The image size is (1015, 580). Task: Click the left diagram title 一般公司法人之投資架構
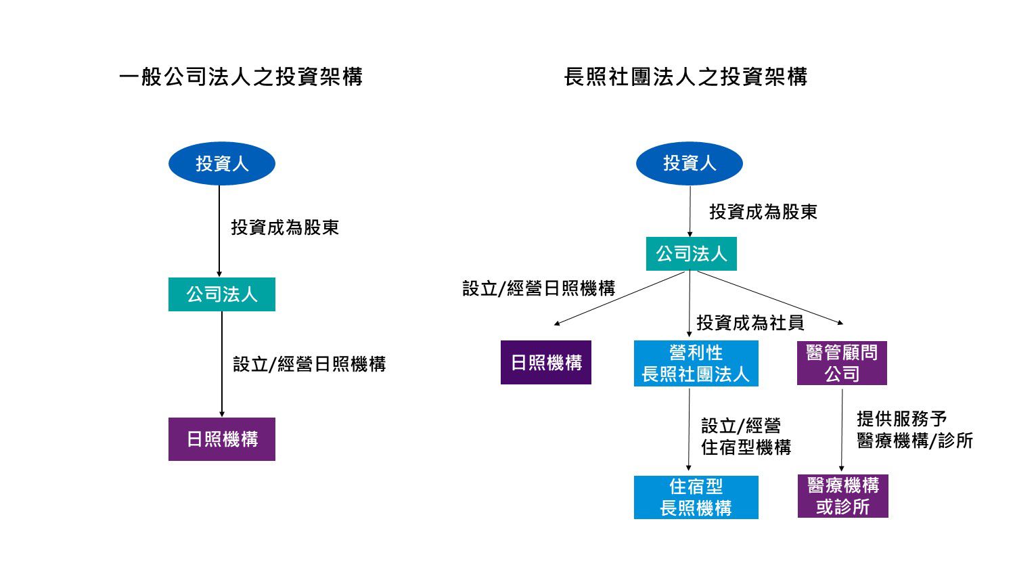240,76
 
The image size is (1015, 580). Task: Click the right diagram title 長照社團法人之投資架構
685,76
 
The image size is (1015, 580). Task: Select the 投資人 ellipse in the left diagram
222,163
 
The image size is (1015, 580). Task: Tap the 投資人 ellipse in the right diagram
689,163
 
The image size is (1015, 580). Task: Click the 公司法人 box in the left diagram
222,294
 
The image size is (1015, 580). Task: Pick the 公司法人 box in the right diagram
691,254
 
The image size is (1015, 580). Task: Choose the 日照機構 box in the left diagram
222,439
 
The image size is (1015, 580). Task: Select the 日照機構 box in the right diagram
546,363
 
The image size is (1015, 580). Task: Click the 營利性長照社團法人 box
696,363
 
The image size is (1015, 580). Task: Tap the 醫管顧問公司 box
842,363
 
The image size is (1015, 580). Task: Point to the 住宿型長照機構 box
696,497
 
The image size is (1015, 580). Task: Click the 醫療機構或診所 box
842,496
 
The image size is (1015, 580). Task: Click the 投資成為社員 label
750,323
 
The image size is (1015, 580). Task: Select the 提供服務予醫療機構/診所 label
914,430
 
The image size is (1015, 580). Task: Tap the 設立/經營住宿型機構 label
746,437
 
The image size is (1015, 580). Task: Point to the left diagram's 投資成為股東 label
285,227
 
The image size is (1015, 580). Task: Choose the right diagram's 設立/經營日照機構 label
539,288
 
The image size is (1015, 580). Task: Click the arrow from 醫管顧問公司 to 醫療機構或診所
842,430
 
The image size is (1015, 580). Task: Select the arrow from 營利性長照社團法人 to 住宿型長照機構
689,430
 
